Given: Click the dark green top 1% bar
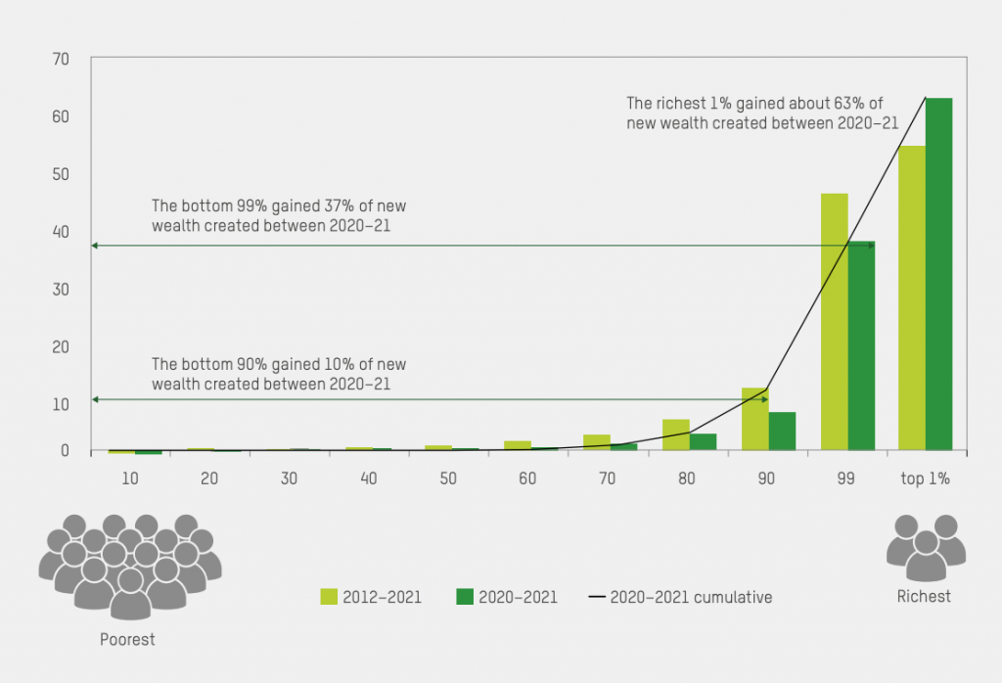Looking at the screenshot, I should tap(939, 274).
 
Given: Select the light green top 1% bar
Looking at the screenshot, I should tap(912, 298).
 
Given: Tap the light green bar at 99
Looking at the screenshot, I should tap(834, 322).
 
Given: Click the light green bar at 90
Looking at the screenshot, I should tap(754, 419).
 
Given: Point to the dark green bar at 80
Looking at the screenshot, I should tap(703, 442).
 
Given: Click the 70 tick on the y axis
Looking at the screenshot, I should tap(61, 60).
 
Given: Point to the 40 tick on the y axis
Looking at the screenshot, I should tap(61, 232).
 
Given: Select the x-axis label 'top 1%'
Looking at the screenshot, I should tap(925, 478).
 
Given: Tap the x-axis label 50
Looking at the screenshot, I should tap(446, 478).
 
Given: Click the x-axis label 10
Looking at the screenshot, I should tap(129, 478).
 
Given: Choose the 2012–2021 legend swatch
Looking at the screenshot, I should tap(329, 596).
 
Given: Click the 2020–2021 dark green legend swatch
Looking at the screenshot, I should tap(464, 596).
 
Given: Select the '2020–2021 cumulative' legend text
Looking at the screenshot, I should tap(691, 597).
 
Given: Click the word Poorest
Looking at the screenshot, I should tap(127, 640).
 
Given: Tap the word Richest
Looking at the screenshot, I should tap(924, 596).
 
